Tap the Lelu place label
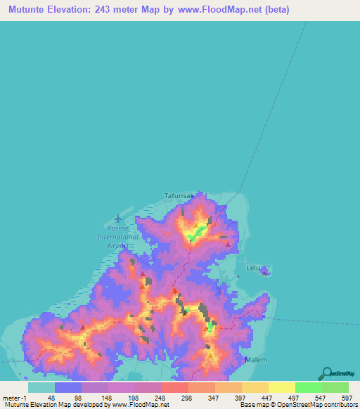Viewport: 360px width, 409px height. [x=254, y=268]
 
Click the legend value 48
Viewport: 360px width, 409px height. [x=51, y=397]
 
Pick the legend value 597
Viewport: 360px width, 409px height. [x=347, y=397]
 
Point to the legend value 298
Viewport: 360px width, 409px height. [x=186, y=397]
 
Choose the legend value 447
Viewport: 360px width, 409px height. [x=266, y=397]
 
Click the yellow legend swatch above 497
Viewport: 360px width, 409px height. [x=281, y=387]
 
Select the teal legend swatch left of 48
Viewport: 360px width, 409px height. [x=41, y=387]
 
